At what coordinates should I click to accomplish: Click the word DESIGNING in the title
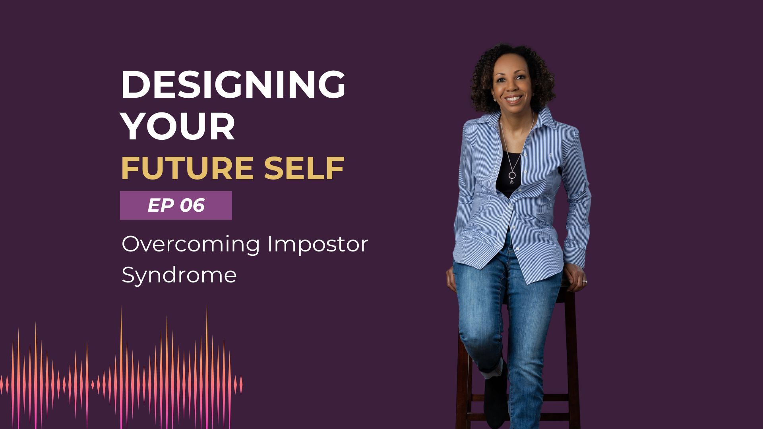tap(233, 85)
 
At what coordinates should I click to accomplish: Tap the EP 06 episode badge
tap(176, 205)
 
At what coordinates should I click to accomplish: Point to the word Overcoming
tap(191, 245)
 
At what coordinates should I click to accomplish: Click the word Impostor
tap(318, 245)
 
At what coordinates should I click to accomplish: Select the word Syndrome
tap(179, 275)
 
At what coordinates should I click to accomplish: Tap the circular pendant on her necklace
tap(512, 175)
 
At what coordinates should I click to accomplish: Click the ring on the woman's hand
tap(585, 281)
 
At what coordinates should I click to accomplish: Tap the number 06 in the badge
tap(192, 205)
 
